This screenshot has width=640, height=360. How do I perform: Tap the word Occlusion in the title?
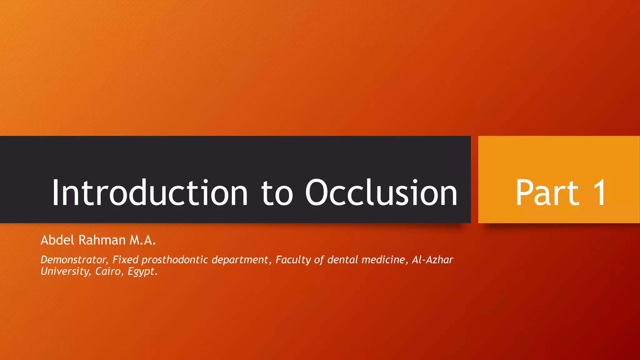(x=381, y=193)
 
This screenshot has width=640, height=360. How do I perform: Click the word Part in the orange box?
(x=547, y=193)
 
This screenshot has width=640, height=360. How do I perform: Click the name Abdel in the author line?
(x=57, y=240)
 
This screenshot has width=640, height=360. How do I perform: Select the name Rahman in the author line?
(x=102, y=240)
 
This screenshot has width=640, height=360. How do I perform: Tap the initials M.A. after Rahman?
(x=142, y=240)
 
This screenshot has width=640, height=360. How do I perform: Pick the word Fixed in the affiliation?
(x=125, y=260)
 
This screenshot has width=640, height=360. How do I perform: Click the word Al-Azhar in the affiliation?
(x=432, y=260)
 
